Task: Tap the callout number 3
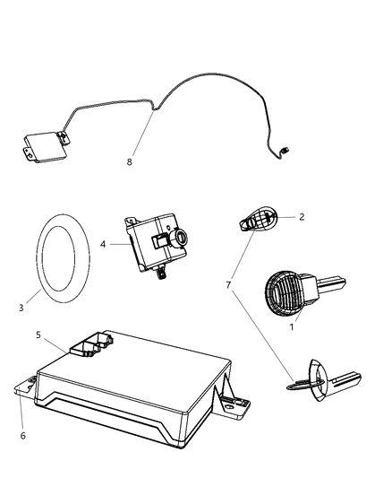(21, 308)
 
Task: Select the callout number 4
(103, 244)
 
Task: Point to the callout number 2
(302, 216)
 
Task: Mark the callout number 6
(22, 436)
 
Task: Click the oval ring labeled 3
(64, 253)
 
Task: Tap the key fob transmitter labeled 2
(260, 218)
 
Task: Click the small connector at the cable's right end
(284, 151)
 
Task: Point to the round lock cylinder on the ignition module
(181, 238)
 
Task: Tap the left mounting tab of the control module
(26, 388)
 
